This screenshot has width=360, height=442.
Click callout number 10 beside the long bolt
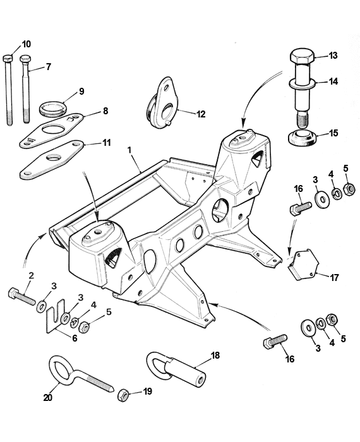coord(26,44)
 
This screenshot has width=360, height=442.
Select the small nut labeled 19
coord(124,395)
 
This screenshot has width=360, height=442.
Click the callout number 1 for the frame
coord(129,151)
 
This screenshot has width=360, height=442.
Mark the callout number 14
coord(333,81)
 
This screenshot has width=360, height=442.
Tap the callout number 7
coord(48,66)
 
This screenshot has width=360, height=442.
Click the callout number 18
coord(215,355)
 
